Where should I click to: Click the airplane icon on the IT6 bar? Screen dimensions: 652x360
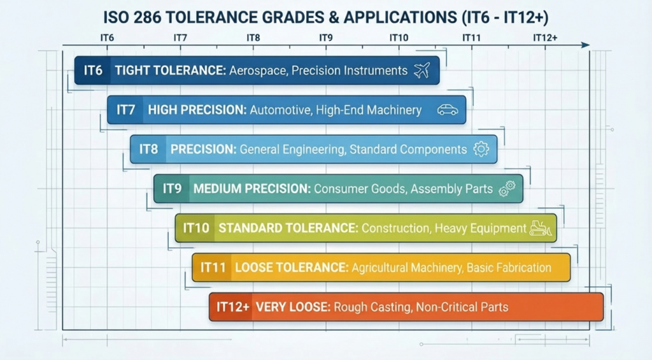pyautogui.click(x=422, y=70)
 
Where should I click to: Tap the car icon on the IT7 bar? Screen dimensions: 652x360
pyautogui.click(x=448, y=110)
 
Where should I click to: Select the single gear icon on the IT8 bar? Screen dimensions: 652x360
pyautogui.click(x=481, y=149)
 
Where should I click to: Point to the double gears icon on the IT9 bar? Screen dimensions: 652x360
pyautogui.click(x=507, y=189)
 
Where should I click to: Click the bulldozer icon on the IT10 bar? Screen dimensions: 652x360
pyautogui.click(x=541, y=228)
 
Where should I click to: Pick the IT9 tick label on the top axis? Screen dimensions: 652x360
pyautogui.click(x=326, y=38)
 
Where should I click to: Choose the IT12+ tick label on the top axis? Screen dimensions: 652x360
pyautogui.click(x=545, y=38)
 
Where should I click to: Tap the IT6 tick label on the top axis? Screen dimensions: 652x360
pyautogui.click(x=107, y=38)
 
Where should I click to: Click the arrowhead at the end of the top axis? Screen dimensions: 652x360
pyautogui.click(x=586, y=45)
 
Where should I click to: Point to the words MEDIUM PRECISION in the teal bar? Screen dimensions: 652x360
pyautogui.click(x=252, y=189)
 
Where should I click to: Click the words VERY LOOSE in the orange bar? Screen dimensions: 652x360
pyautogui.click(x=293, y=307)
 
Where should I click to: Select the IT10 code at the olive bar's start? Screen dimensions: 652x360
pyautogui.click(x=196, y=228)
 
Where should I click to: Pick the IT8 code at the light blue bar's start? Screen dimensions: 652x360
pyautogui.click(x=148, y=149)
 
